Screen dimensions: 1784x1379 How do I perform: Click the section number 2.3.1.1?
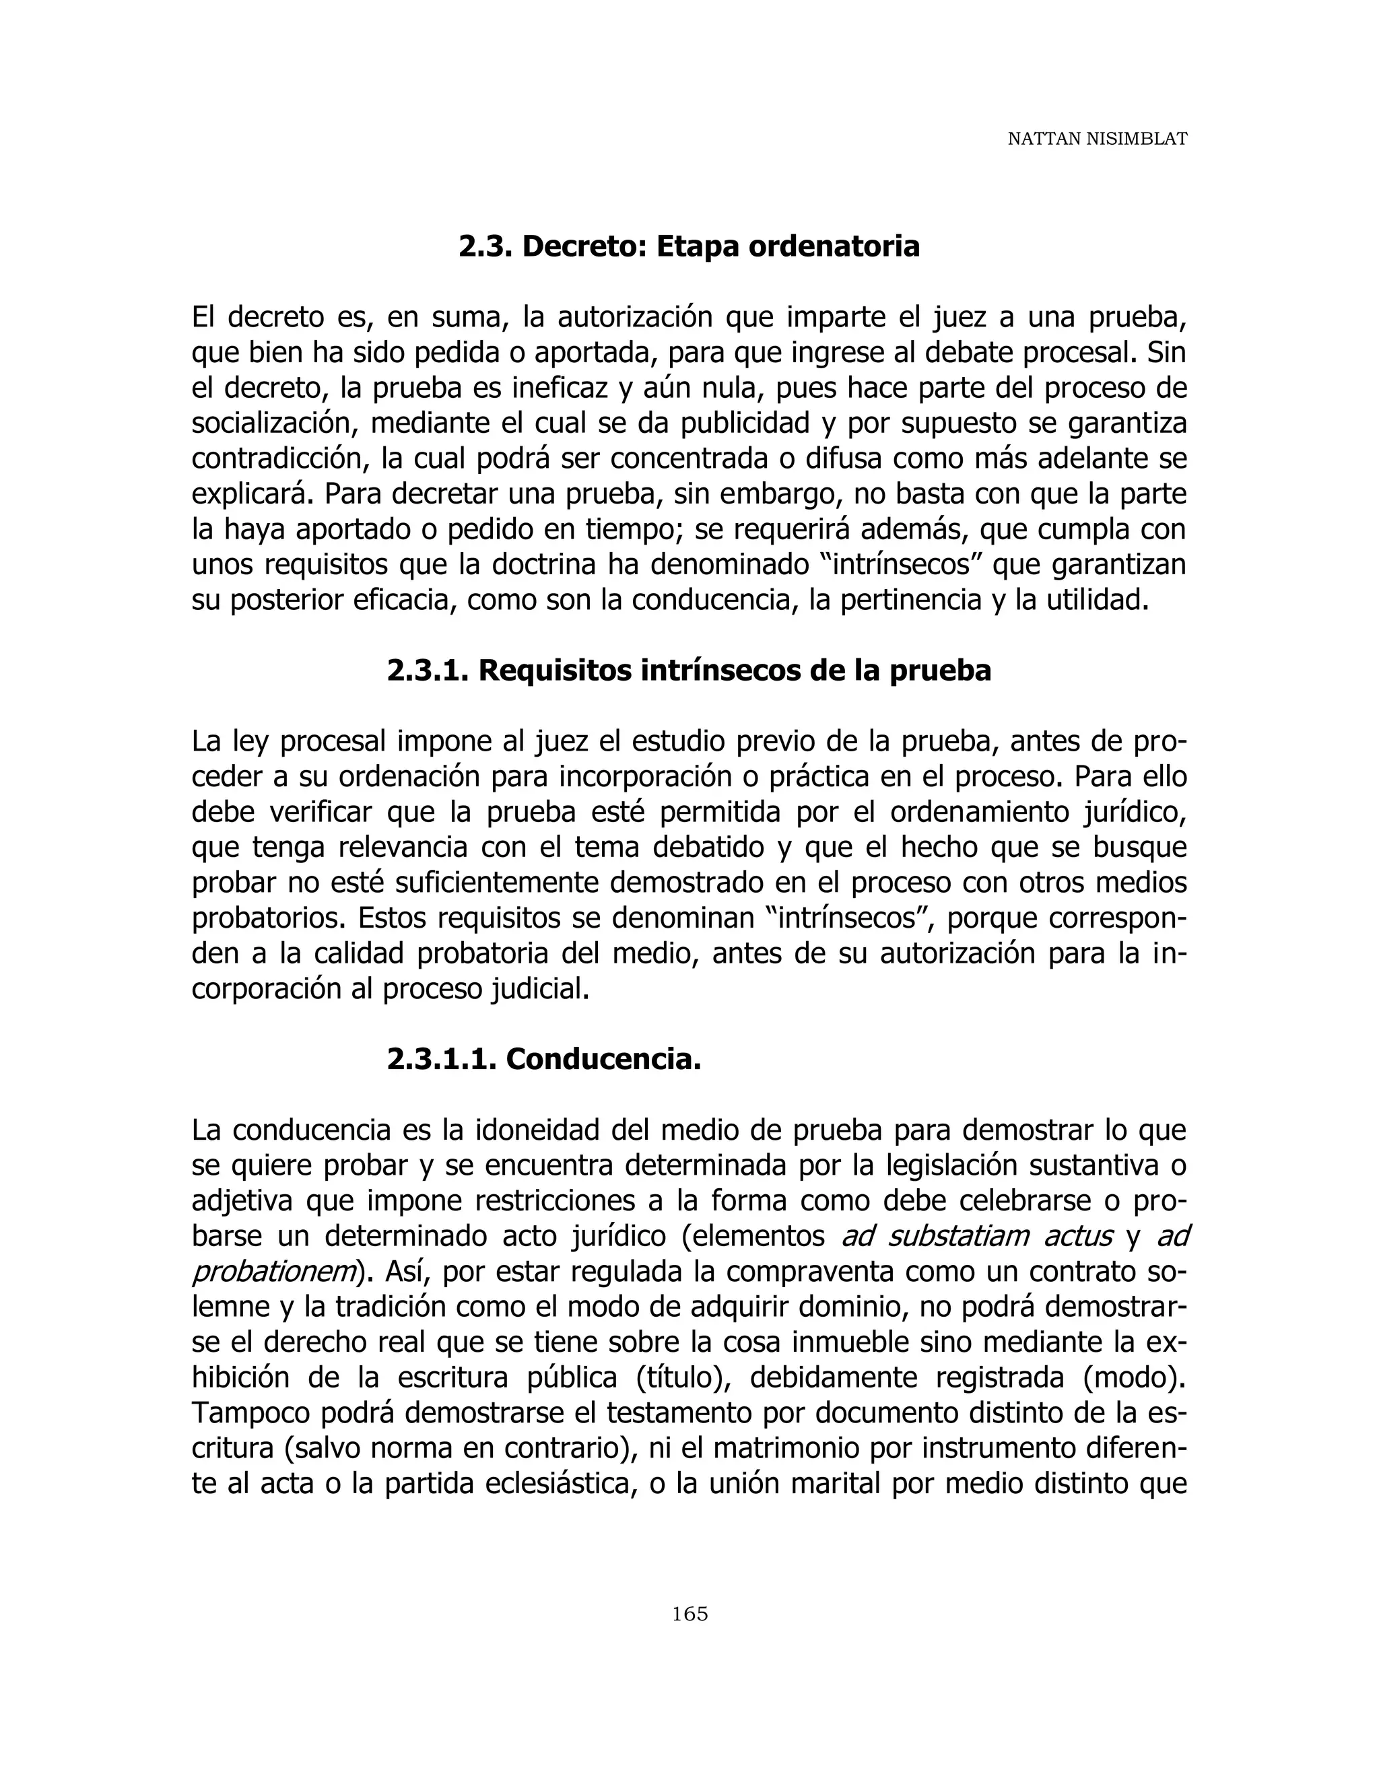click(441, 1060)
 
